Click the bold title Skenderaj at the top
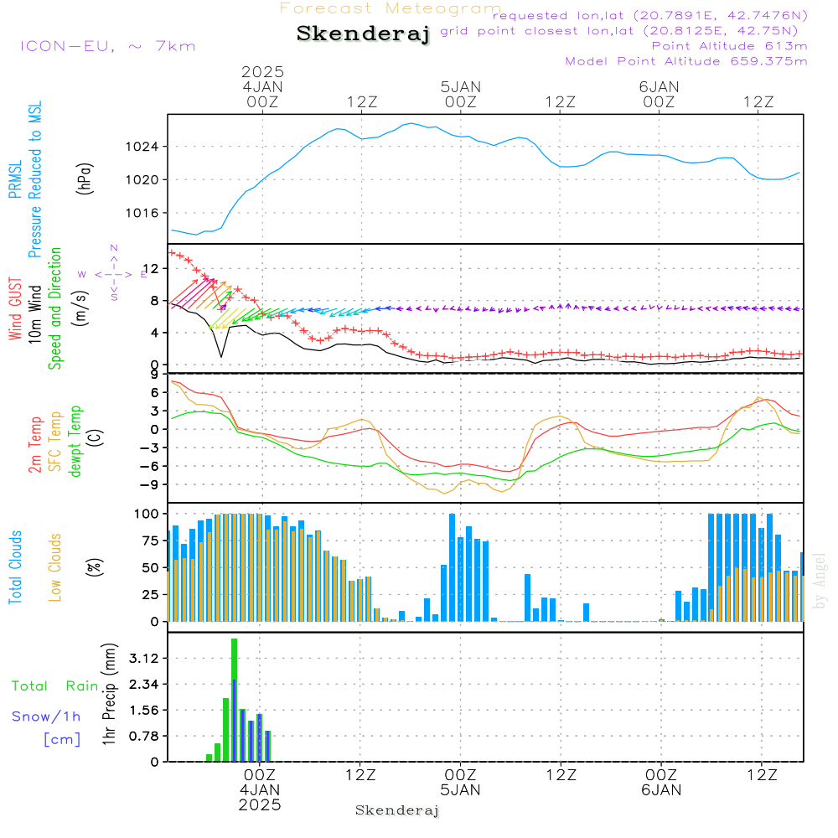pos(363,34)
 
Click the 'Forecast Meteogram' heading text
pos(390,9)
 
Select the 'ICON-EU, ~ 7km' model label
pos(107,46)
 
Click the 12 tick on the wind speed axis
pos(154,268)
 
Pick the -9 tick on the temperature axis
pos(154,484)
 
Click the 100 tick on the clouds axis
pos(147,513)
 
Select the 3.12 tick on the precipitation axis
pos(142,658)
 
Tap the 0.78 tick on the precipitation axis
pos(142,736)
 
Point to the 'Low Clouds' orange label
pos(55,566)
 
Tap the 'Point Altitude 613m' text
pos(729,46)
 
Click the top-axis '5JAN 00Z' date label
pos(460,93)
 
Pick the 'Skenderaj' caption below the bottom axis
pos(397,810)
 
